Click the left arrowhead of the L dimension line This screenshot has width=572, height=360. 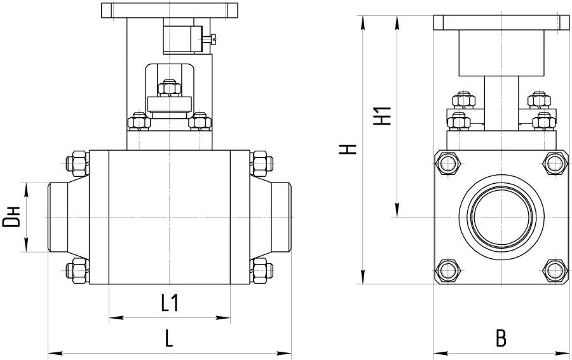click(55, 354)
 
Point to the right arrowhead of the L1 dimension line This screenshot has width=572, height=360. click(224, 317)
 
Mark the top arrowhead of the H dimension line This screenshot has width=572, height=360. click(363, 22)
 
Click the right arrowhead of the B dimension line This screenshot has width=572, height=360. click(562, 354)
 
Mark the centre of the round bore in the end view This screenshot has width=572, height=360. click(501, 218)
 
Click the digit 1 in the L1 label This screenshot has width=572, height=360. click(174, 303)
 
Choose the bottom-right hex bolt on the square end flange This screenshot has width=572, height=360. click(555, 270)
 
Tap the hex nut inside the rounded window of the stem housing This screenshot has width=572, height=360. click(170, 88)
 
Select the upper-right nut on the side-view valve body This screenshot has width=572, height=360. click(261, 163)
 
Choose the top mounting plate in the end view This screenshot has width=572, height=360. click(501, 23)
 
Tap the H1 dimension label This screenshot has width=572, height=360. click(383, 115)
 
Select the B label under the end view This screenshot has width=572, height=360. click(501, 338)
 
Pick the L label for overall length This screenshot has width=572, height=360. click(168, 338)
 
